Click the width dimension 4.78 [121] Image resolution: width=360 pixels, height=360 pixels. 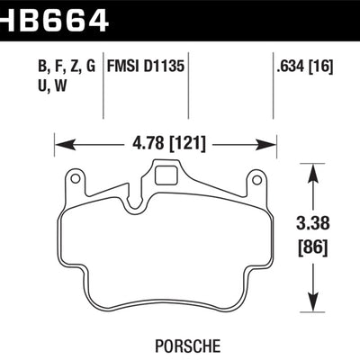coord(164,140)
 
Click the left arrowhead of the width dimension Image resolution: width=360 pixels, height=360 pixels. coord(60,141)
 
